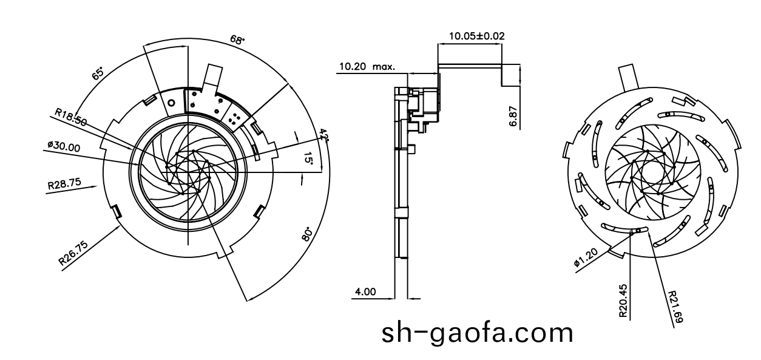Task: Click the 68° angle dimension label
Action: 237,40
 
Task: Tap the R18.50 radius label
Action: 70,117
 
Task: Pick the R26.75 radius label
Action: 74,253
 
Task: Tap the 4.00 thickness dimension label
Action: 365,291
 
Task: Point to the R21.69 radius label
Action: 675,307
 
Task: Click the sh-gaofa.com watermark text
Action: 477,333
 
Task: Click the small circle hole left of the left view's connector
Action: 172,103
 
